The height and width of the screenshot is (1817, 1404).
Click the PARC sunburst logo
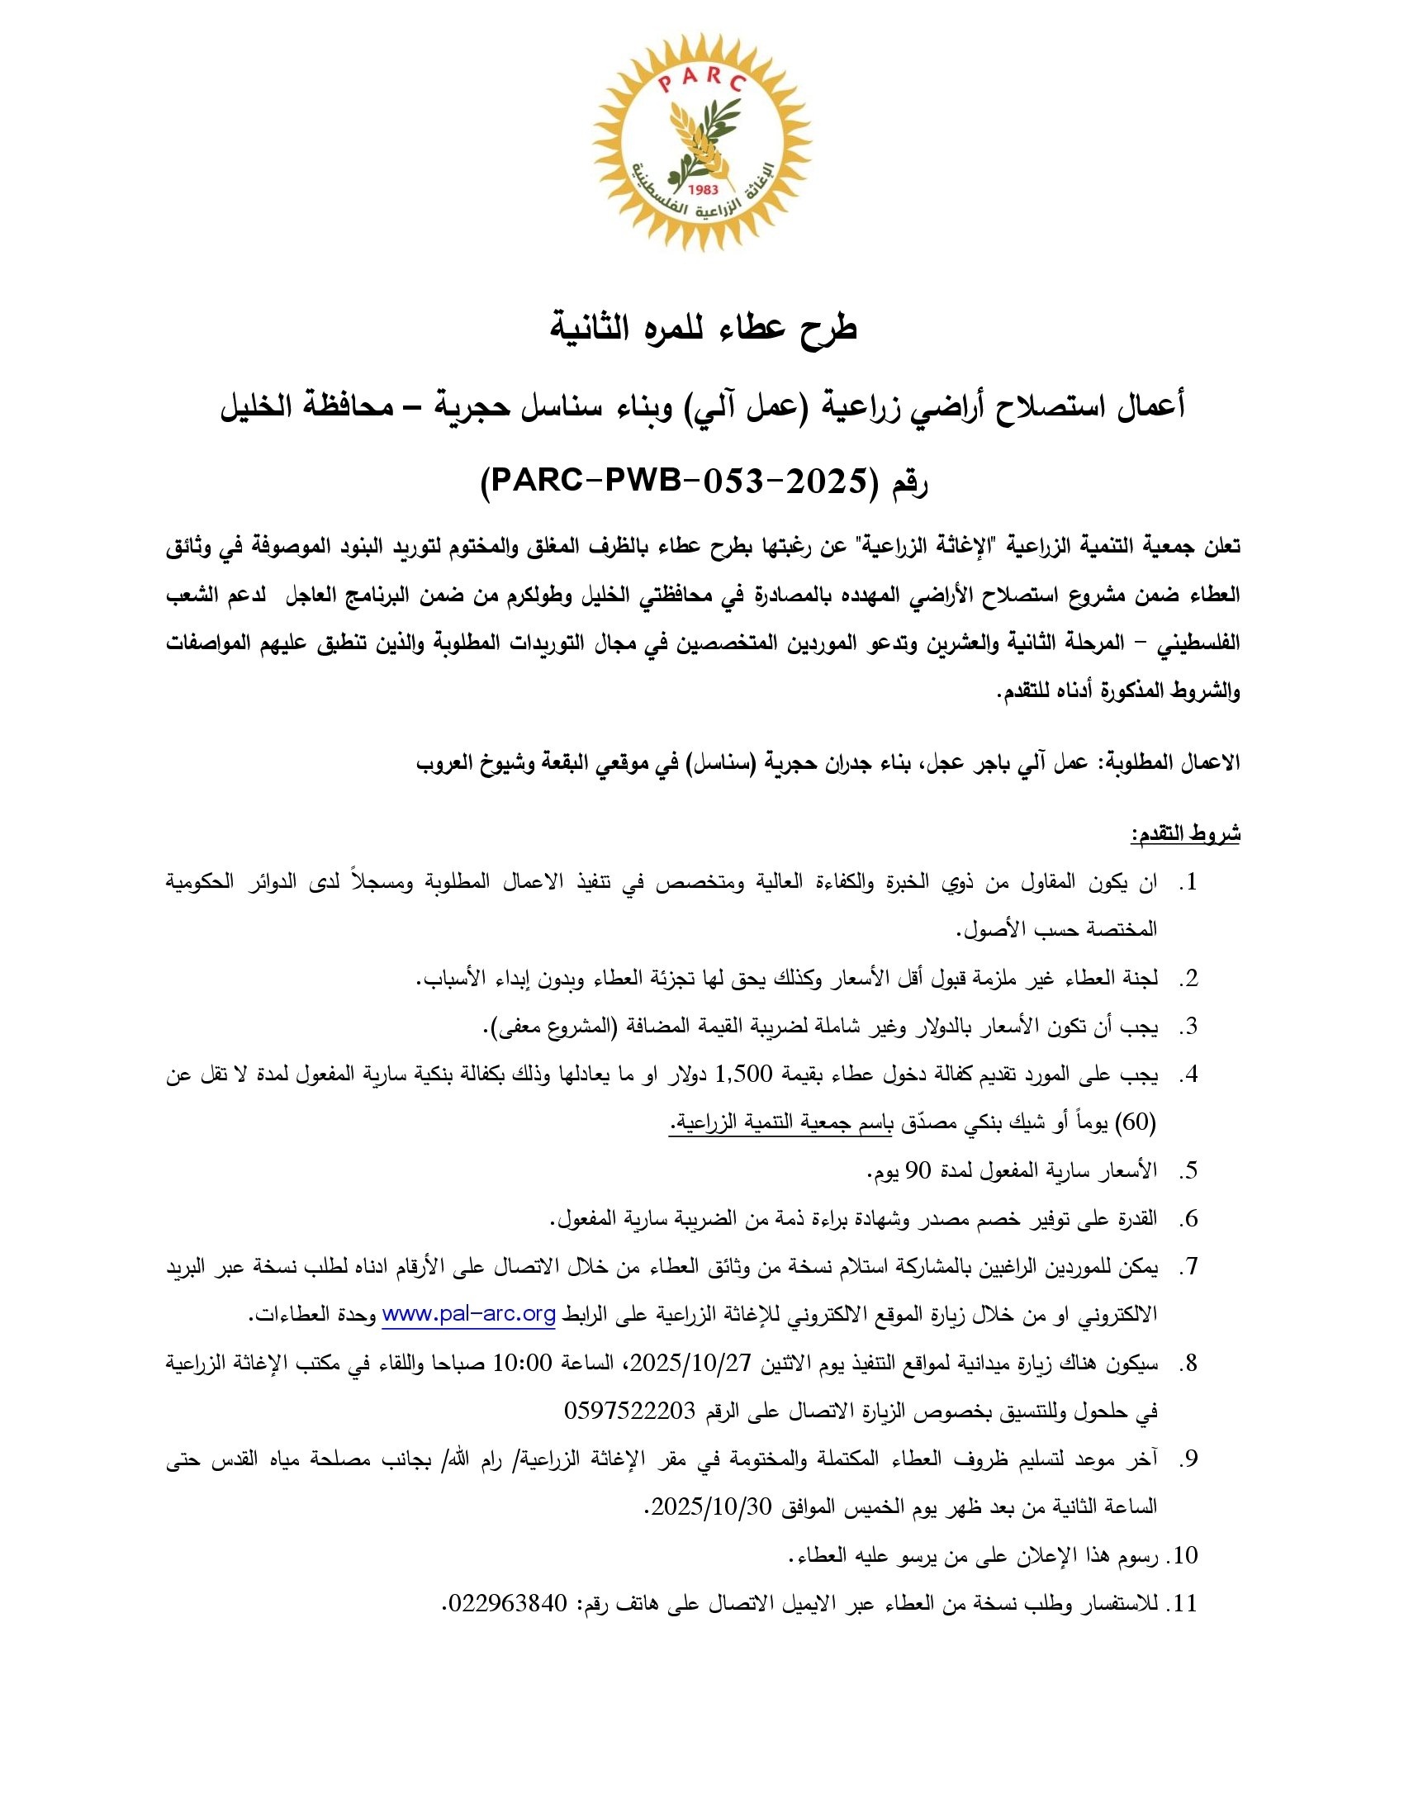click(x=702, y=143)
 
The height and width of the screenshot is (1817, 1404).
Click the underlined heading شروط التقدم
click(x=1184, y=833)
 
